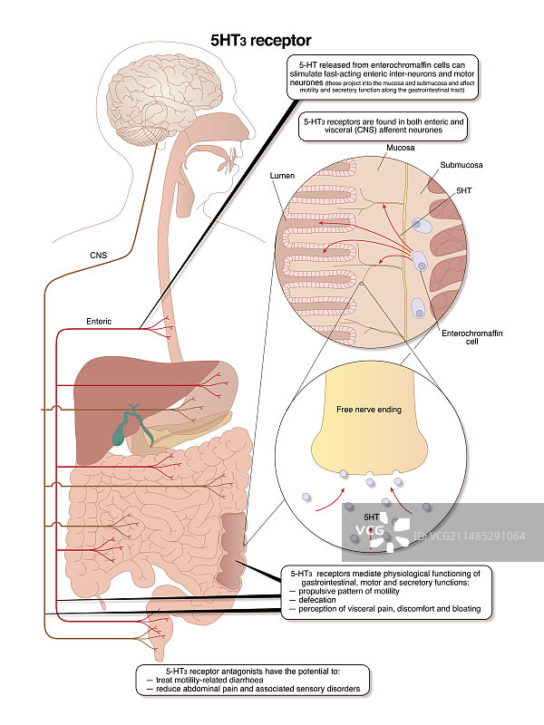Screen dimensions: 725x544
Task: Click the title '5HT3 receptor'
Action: point(260,40)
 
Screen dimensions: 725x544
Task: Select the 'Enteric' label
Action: point(99,321)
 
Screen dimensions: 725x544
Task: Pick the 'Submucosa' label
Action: point(461,166)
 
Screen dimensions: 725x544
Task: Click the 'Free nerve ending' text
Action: point(370,410)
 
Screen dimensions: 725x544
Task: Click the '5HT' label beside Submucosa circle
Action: point(464,191)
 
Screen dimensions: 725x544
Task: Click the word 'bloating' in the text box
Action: point(462,609)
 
